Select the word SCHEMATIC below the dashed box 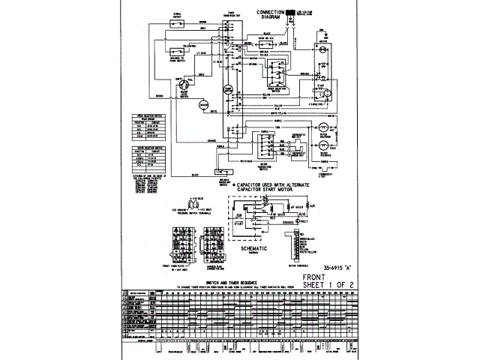pyautogui.click(x=259, y=247)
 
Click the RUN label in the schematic pyautogui.click(x=239, y=213)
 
